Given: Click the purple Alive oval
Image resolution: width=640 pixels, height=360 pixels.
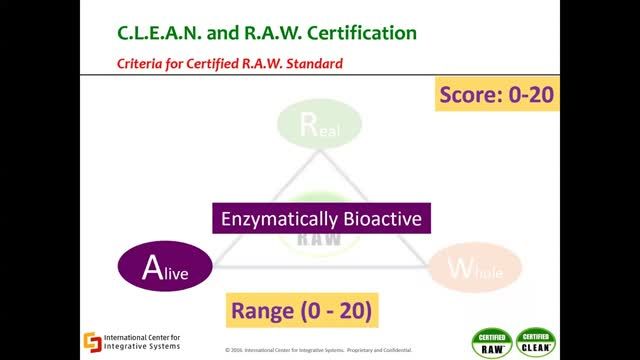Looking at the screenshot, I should pyautogui.click(x=165, y=267).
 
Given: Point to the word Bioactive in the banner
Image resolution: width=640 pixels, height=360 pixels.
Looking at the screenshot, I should pyautogui.click(x=383, y=217).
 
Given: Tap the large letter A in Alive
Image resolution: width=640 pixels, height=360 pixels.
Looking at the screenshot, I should pyautogui.click(x=151, y=267).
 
